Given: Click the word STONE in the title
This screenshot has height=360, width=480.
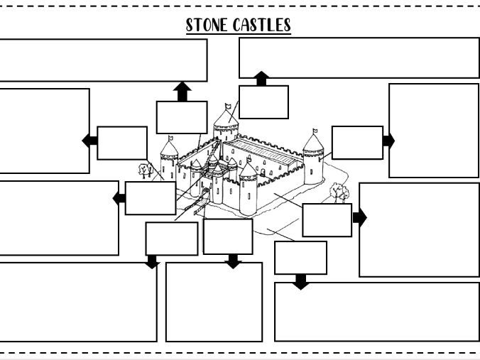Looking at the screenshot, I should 207,25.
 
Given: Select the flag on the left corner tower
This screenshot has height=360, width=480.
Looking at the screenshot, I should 170,137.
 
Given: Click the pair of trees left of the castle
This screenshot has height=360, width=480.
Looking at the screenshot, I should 146,170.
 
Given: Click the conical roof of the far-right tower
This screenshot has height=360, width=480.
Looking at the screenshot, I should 313,144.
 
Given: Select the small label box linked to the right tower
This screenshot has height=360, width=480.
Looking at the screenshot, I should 357,142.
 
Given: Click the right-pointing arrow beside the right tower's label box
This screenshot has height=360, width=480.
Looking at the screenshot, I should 388,141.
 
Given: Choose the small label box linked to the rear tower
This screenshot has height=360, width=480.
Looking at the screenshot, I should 263,102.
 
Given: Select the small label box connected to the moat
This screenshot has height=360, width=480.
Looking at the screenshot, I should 300,257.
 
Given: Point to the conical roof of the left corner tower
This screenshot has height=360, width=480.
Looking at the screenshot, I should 169,149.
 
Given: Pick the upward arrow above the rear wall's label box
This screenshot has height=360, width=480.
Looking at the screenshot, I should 182,92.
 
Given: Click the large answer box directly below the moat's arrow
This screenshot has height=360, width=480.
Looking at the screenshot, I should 376,312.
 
